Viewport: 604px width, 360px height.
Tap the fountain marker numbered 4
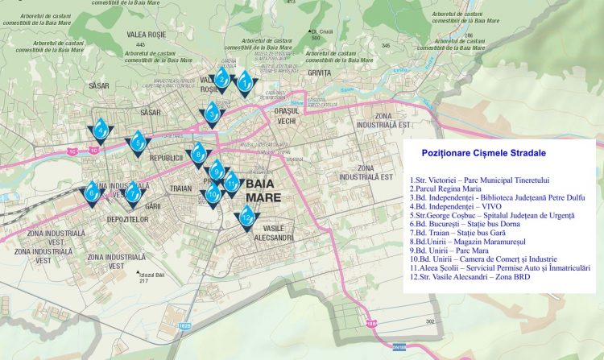(x=100, y=129)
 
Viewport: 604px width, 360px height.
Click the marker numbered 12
(x=246, y=216)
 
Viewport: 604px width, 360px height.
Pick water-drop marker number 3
(x=212, y=114)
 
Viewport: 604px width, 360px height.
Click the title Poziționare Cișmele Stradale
(x=483, y=152)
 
